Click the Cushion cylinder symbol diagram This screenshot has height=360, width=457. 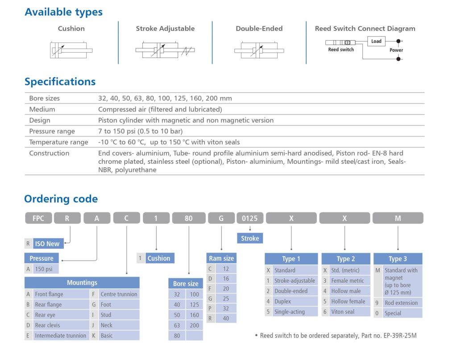point(71,50)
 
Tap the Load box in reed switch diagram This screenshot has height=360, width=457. point(376,41)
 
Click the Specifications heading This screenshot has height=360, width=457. point(60,82)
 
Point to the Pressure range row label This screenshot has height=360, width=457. point(52,131)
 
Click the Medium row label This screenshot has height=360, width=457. point(42,109)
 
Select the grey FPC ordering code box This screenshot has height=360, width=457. point(38,218)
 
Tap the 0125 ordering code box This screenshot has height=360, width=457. point(249,218)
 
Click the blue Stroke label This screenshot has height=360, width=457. point(250,238)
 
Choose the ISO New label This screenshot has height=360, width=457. point(47,244)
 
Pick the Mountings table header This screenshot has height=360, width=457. point(82,282)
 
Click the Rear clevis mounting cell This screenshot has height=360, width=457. point(47,325)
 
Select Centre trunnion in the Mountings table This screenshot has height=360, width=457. point(119,294)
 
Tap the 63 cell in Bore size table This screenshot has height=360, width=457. point(177,325)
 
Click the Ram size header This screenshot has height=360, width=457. point(221,258)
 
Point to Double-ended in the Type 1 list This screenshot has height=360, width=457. point(291,291)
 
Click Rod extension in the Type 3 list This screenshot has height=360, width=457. point(401,303)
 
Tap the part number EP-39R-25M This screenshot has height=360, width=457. point(400,335)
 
